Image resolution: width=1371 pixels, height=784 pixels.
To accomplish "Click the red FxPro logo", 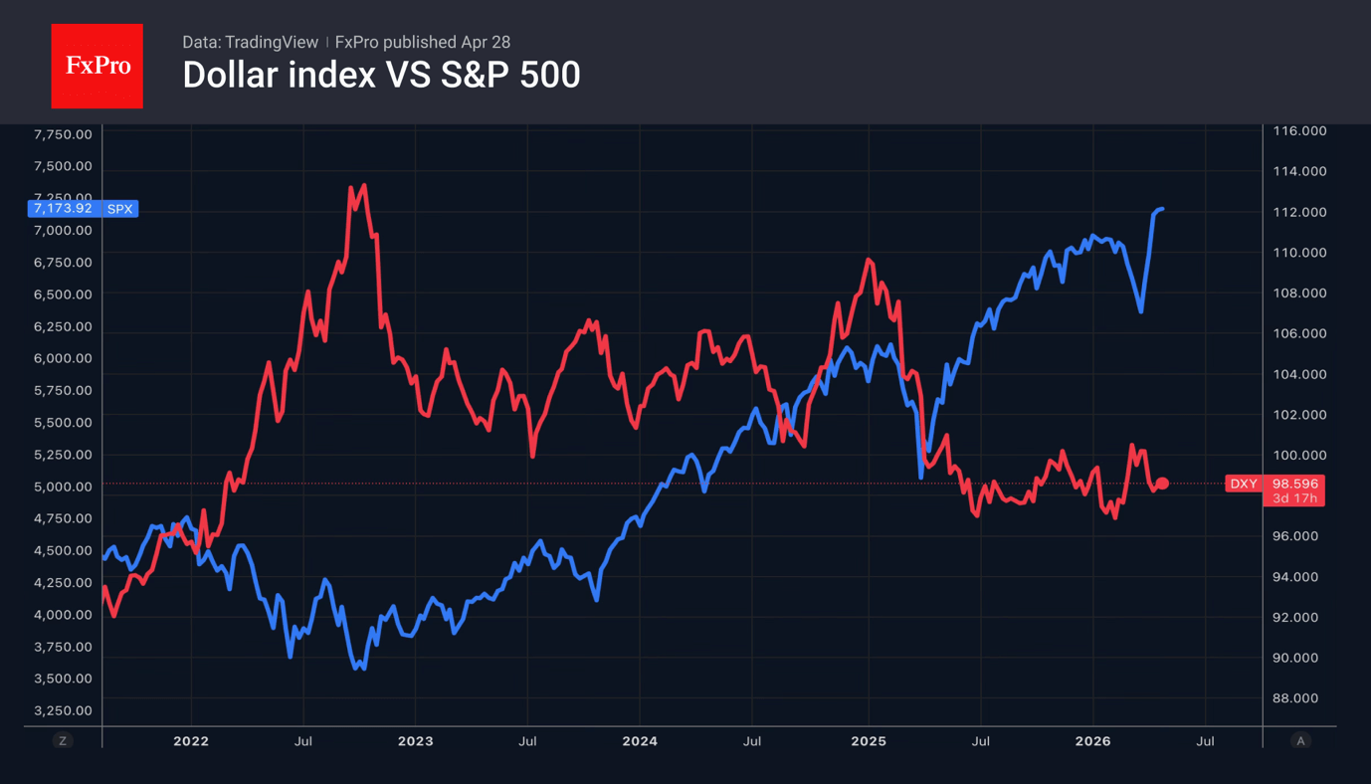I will (x=97, y=66).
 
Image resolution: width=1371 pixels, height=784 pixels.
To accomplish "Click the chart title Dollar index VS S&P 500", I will (x=381, y=75).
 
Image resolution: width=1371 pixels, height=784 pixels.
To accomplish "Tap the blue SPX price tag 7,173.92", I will (x=82, y=208).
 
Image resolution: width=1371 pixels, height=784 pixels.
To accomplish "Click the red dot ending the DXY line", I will (x=1162, y=484).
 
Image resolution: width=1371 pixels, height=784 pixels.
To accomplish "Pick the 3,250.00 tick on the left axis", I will (x=63, y=710).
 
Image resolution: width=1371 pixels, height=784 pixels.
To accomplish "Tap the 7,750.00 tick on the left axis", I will (x=63, y=134).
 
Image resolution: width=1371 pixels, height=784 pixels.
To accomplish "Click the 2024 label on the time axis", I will (x=640, y=741).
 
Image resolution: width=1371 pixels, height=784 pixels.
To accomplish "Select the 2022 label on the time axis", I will (x=191, y=741).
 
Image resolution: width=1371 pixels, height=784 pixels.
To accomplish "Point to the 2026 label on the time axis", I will (x=1092, y=741).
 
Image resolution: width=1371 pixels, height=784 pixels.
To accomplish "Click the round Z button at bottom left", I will (x=63, y=741).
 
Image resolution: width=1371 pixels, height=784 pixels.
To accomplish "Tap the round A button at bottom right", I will (x=1299, y=741).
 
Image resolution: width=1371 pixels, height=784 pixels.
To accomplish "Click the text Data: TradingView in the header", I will (x=250, y=42).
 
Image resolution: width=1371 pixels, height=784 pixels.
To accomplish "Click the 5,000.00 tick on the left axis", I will (x=63, y=487).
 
